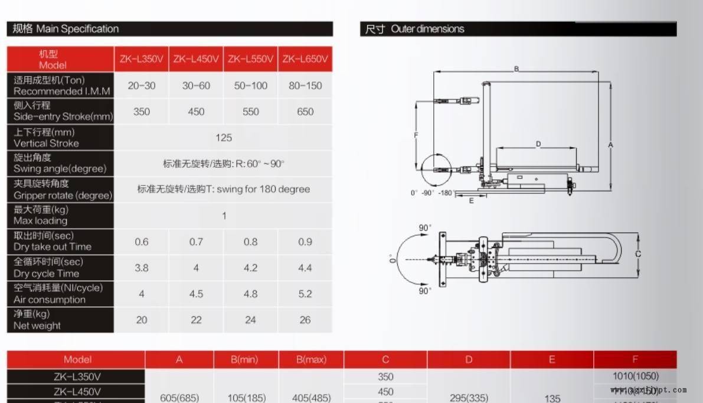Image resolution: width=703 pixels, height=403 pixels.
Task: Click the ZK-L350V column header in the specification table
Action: click(142, 59)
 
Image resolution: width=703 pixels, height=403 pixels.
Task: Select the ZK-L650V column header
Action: click(305, 59)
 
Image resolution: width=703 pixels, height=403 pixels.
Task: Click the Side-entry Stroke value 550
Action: click(250, 112)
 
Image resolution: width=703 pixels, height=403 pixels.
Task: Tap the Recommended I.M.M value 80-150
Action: click(305, 86)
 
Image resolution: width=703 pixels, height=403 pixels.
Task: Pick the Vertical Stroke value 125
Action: click(224, 138)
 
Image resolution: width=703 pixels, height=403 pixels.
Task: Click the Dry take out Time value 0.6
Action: click(142, 242)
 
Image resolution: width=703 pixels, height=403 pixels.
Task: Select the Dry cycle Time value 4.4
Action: click(305, 268)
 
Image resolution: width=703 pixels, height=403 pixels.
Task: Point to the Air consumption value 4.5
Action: click(196, 294)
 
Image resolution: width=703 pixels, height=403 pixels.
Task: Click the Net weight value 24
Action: click(250, 320)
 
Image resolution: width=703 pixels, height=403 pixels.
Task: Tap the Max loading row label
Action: click(41, 215)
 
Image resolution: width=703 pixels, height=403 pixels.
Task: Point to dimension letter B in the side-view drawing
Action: click(516, 69)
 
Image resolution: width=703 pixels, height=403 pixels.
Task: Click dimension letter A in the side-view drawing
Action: click(611, 144)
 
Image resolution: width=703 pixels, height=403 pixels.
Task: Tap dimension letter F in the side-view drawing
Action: click(416, 135)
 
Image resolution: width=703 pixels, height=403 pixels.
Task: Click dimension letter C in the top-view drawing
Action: click(638, 254)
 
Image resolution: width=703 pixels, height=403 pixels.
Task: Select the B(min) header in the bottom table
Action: click(246, 359)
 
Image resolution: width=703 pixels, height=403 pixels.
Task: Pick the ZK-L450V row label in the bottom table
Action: click(77, 391)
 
